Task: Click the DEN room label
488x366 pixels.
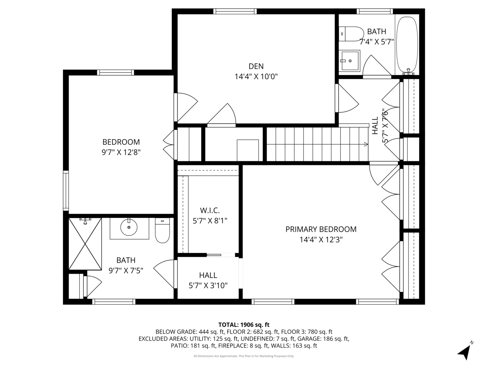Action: (x=256, y=66)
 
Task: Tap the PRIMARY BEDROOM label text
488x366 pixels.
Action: (x=321, y=229)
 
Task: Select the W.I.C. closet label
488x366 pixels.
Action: (x=210, y=210)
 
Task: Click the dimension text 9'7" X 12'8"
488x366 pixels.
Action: (x=121, y=152)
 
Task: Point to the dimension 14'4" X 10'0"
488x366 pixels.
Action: (x=256, y=77)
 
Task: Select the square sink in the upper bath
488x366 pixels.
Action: (x=349, y=61)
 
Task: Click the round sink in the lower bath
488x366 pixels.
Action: (x=129, y=227)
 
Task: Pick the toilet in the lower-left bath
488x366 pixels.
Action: (x=162, y=230)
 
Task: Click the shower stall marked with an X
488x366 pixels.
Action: (x=85, y=244)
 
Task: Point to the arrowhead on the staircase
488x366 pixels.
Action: (x=366, y=144)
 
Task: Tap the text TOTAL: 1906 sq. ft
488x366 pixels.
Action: (x=244, y=325)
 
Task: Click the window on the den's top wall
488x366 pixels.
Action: (x=235, y=11)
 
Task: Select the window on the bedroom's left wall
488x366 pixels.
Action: (x=66, y=190)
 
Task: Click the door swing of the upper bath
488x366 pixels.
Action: (x=377, y=66)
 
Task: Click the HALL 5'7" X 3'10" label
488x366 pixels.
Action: (x=208, y=281)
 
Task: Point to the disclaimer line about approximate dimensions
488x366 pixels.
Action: (x=244, y=356)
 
